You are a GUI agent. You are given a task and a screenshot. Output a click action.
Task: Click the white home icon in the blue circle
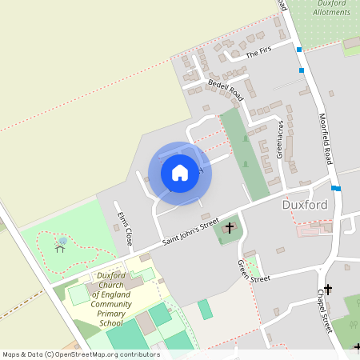tap(180, 172)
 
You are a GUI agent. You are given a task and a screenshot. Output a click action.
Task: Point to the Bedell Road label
tap(225, 87)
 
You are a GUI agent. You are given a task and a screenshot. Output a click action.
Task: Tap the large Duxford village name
tap(306, 205)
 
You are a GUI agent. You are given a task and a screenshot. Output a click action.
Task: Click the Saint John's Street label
tap(190, 234)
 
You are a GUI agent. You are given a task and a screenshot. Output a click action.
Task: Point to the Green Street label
tap(254, 272)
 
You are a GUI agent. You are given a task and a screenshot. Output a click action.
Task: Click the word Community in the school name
tap(110, 304)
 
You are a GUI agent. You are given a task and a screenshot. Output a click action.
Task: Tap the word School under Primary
tap(110, 323)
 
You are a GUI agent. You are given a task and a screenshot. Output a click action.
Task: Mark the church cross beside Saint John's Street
tap(230, 228)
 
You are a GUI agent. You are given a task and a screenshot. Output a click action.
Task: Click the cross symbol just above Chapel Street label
tap(327, 289)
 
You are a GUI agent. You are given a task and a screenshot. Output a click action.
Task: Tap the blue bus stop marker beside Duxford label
tap(336, 189)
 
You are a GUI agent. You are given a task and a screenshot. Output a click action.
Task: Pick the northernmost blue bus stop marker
tap(299, 50)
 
